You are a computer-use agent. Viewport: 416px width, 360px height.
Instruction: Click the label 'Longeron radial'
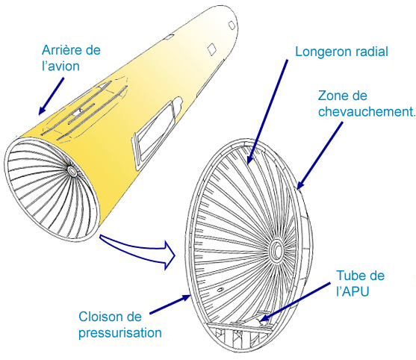(341, 52)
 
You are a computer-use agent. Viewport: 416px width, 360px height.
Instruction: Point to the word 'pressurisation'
(120, 332)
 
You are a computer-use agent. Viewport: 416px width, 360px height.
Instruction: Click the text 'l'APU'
(353, 291)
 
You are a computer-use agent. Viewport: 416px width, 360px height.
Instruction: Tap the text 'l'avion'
(60, 66)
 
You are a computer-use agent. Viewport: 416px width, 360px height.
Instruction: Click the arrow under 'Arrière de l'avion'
(52, 96)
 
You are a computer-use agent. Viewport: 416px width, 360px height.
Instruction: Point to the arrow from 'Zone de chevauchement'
(319, 155)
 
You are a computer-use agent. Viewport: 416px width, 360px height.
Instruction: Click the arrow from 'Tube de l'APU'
(295, 302)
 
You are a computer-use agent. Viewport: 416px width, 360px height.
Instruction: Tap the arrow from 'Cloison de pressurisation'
(170, 305)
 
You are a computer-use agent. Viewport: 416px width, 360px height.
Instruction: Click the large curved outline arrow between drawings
(138, 251)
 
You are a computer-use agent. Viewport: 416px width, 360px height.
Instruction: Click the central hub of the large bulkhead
(277, 250)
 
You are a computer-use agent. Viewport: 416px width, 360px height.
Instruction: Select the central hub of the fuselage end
(72, 170)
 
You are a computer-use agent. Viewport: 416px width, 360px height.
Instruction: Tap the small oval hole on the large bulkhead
(220, 290)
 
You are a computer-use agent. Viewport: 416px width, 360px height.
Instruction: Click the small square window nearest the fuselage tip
(232, 25)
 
